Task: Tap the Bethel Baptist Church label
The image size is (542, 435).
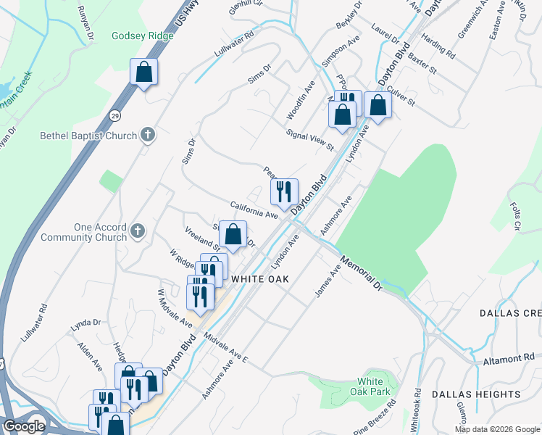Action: [89, 136]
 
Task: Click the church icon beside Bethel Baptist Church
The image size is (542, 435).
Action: [148, 134]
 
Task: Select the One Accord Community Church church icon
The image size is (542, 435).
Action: [137, 231]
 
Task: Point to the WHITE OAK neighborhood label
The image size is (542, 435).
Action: [260, 279]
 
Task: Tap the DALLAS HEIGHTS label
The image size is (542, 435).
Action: [476, 394]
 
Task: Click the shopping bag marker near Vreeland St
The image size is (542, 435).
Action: [233, 235]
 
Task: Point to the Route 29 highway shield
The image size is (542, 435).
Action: [115, 116]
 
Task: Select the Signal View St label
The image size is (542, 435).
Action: [309, 141]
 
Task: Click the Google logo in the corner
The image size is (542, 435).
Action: [23, 426]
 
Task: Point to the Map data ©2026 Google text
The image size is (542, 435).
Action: [497, 429]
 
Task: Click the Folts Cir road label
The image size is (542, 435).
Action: [516, 217]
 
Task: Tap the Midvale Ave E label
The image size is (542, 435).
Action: [226, 349]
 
